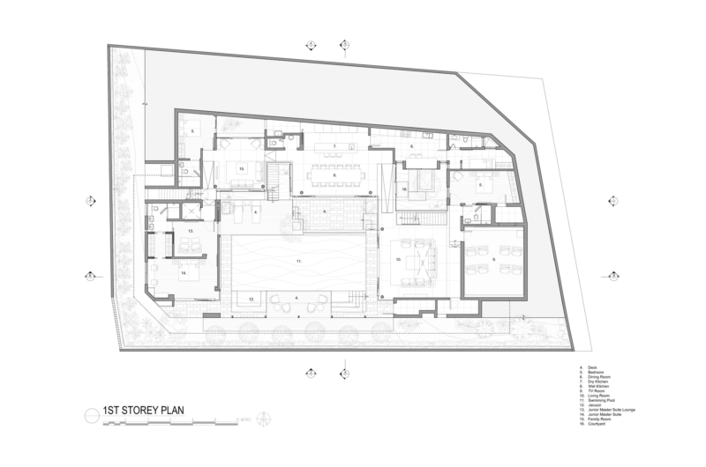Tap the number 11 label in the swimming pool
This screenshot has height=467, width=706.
[299, 263]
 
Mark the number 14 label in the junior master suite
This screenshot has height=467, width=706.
[184, 274]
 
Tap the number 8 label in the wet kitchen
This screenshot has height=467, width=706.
[410, 146]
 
